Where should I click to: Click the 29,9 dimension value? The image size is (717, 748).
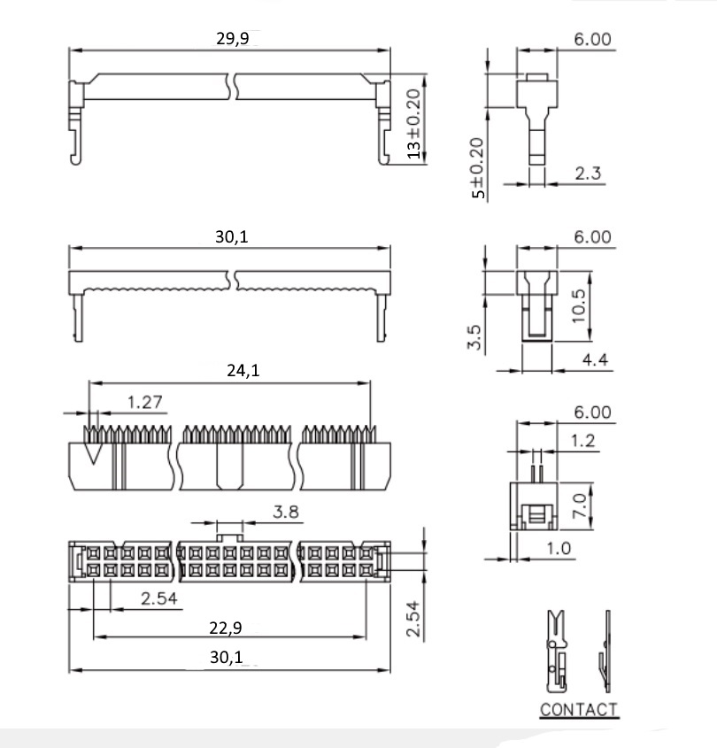[232, 38]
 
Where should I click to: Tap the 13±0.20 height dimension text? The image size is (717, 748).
[414, 124]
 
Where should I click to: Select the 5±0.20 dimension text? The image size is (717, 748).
[477, 168]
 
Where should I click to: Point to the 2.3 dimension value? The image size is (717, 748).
[587, 174]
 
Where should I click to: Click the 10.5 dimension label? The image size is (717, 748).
[578, 305]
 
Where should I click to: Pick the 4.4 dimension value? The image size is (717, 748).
[595, 359]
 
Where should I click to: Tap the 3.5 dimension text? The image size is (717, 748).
[474, 337]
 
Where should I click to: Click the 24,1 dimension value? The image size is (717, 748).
[243, 370]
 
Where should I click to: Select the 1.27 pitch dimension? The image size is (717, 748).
[145, 402]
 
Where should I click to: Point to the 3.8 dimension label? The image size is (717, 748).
[286, 512]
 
